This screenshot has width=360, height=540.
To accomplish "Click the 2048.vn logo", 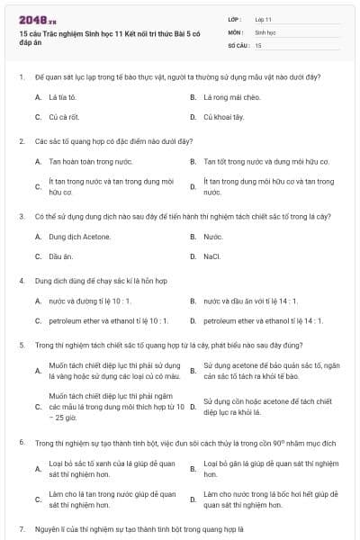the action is [37, 19].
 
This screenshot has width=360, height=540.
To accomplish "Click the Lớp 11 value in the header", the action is [264, 18].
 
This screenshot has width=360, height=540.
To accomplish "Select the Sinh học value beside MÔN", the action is [266, 31].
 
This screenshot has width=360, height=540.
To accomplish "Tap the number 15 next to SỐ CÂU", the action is [258, 44].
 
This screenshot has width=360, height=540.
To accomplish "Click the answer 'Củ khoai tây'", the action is [223, 116].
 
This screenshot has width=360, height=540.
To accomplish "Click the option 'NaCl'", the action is [212, 256].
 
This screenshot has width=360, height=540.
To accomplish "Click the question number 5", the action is [21, 345].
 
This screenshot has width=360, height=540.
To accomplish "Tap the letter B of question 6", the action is [193, 469].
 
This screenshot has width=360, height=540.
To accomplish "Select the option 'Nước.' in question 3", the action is [213, 236].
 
